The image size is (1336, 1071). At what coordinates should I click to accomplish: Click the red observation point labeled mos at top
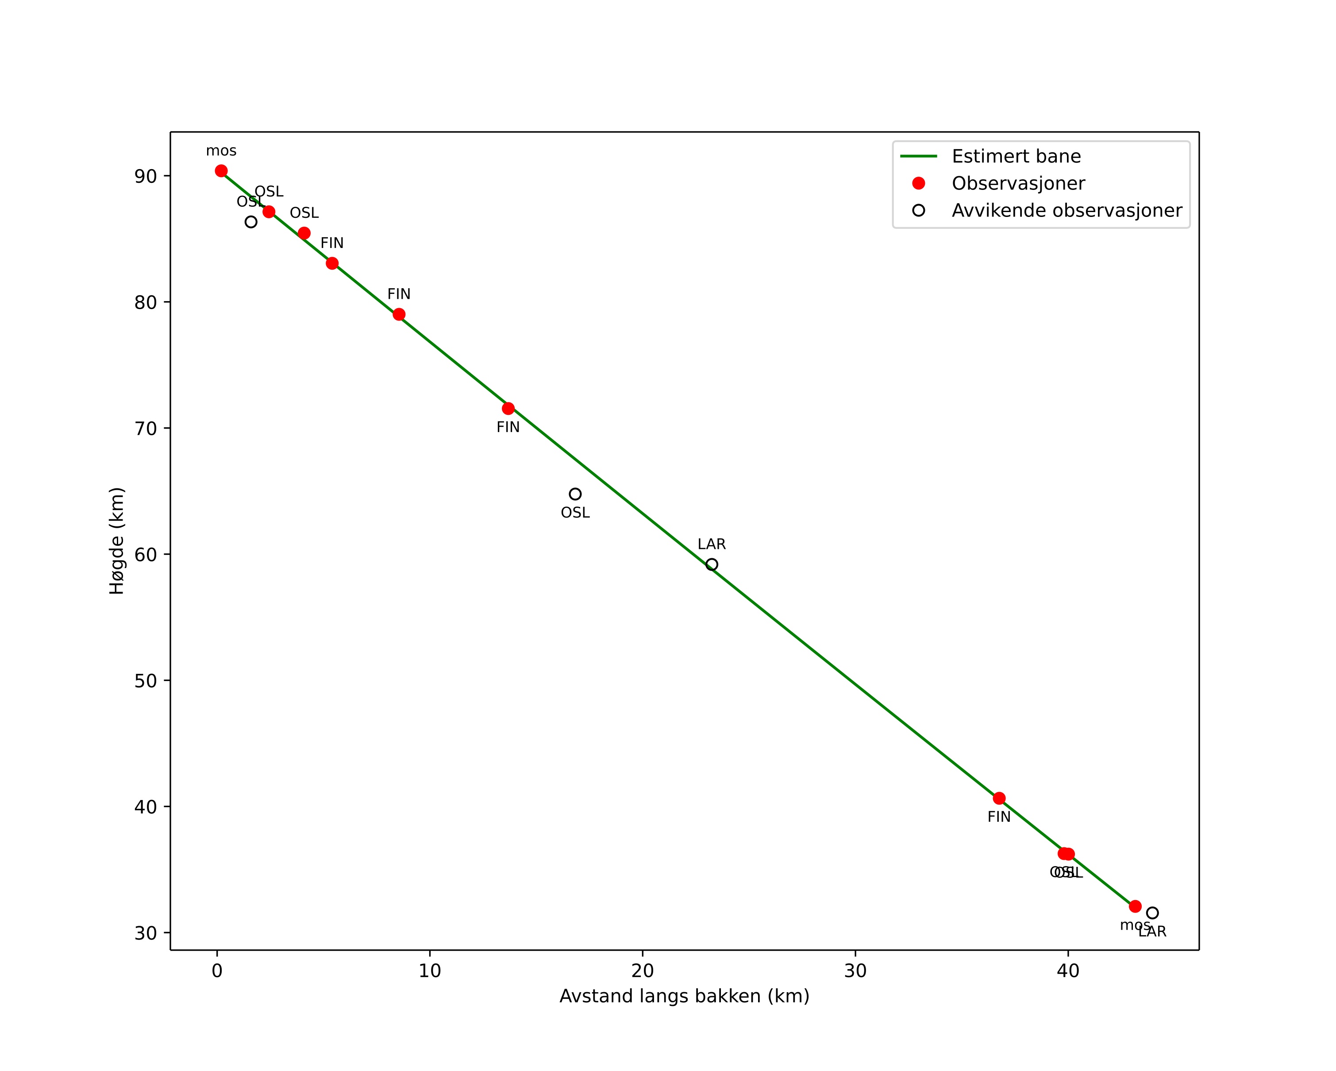(x=221, y=171)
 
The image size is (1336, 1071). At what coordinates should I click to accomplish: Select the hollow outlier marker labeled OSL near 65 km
(x=575, y=494)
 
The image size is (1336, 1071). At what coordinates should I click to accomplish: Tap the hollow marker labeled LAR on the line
(x=712, y=564)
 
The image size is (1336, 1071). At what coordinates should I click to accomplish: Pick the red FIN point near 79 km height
(x=399, y=314)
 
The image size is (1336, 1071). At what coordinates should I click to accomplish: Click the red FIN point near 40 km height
(x=999, y=798)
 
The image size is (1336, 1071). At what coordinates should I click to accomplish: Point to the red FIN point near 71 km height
(x=508, y=409)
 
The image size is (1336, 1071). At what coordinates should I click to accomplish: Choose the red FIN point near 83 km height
(x=332, y=263)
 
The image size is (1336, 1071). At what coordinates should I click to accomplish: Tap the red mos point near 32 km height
(x=1135, y=907)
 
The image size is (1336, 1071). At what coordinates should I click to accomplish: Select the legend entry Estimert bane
(x=1016, y=156)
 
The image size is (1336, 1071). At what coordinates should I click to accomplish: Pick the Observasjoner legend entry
(x=1018, y=183)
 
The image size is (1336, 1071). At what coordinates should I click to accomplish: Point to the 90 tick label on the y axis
(x=146, y=177)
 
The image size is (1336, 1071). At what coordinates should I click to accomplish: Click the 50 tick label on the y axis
(x=146, y=681)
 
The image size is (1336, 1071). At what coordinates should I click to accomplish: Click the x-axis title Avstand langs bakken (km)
(x=684, y=997)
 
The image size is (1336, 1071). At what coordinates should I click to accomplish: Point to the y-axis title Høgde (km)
(x=117, y=541)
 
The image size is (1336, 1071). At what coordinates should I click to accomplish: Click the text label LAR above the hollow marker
(x=712, y=544)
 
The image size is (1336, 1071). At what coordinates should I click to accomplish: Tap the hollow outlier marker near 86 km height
(x=251, y=222)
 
